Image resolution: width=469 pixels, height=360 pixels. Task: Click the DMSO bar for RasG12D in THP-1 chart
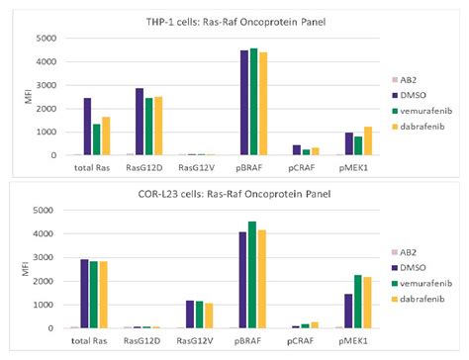pos(139,122)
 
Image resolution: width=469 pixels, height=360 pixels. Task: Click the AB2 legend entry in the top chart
pos(415,75)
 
